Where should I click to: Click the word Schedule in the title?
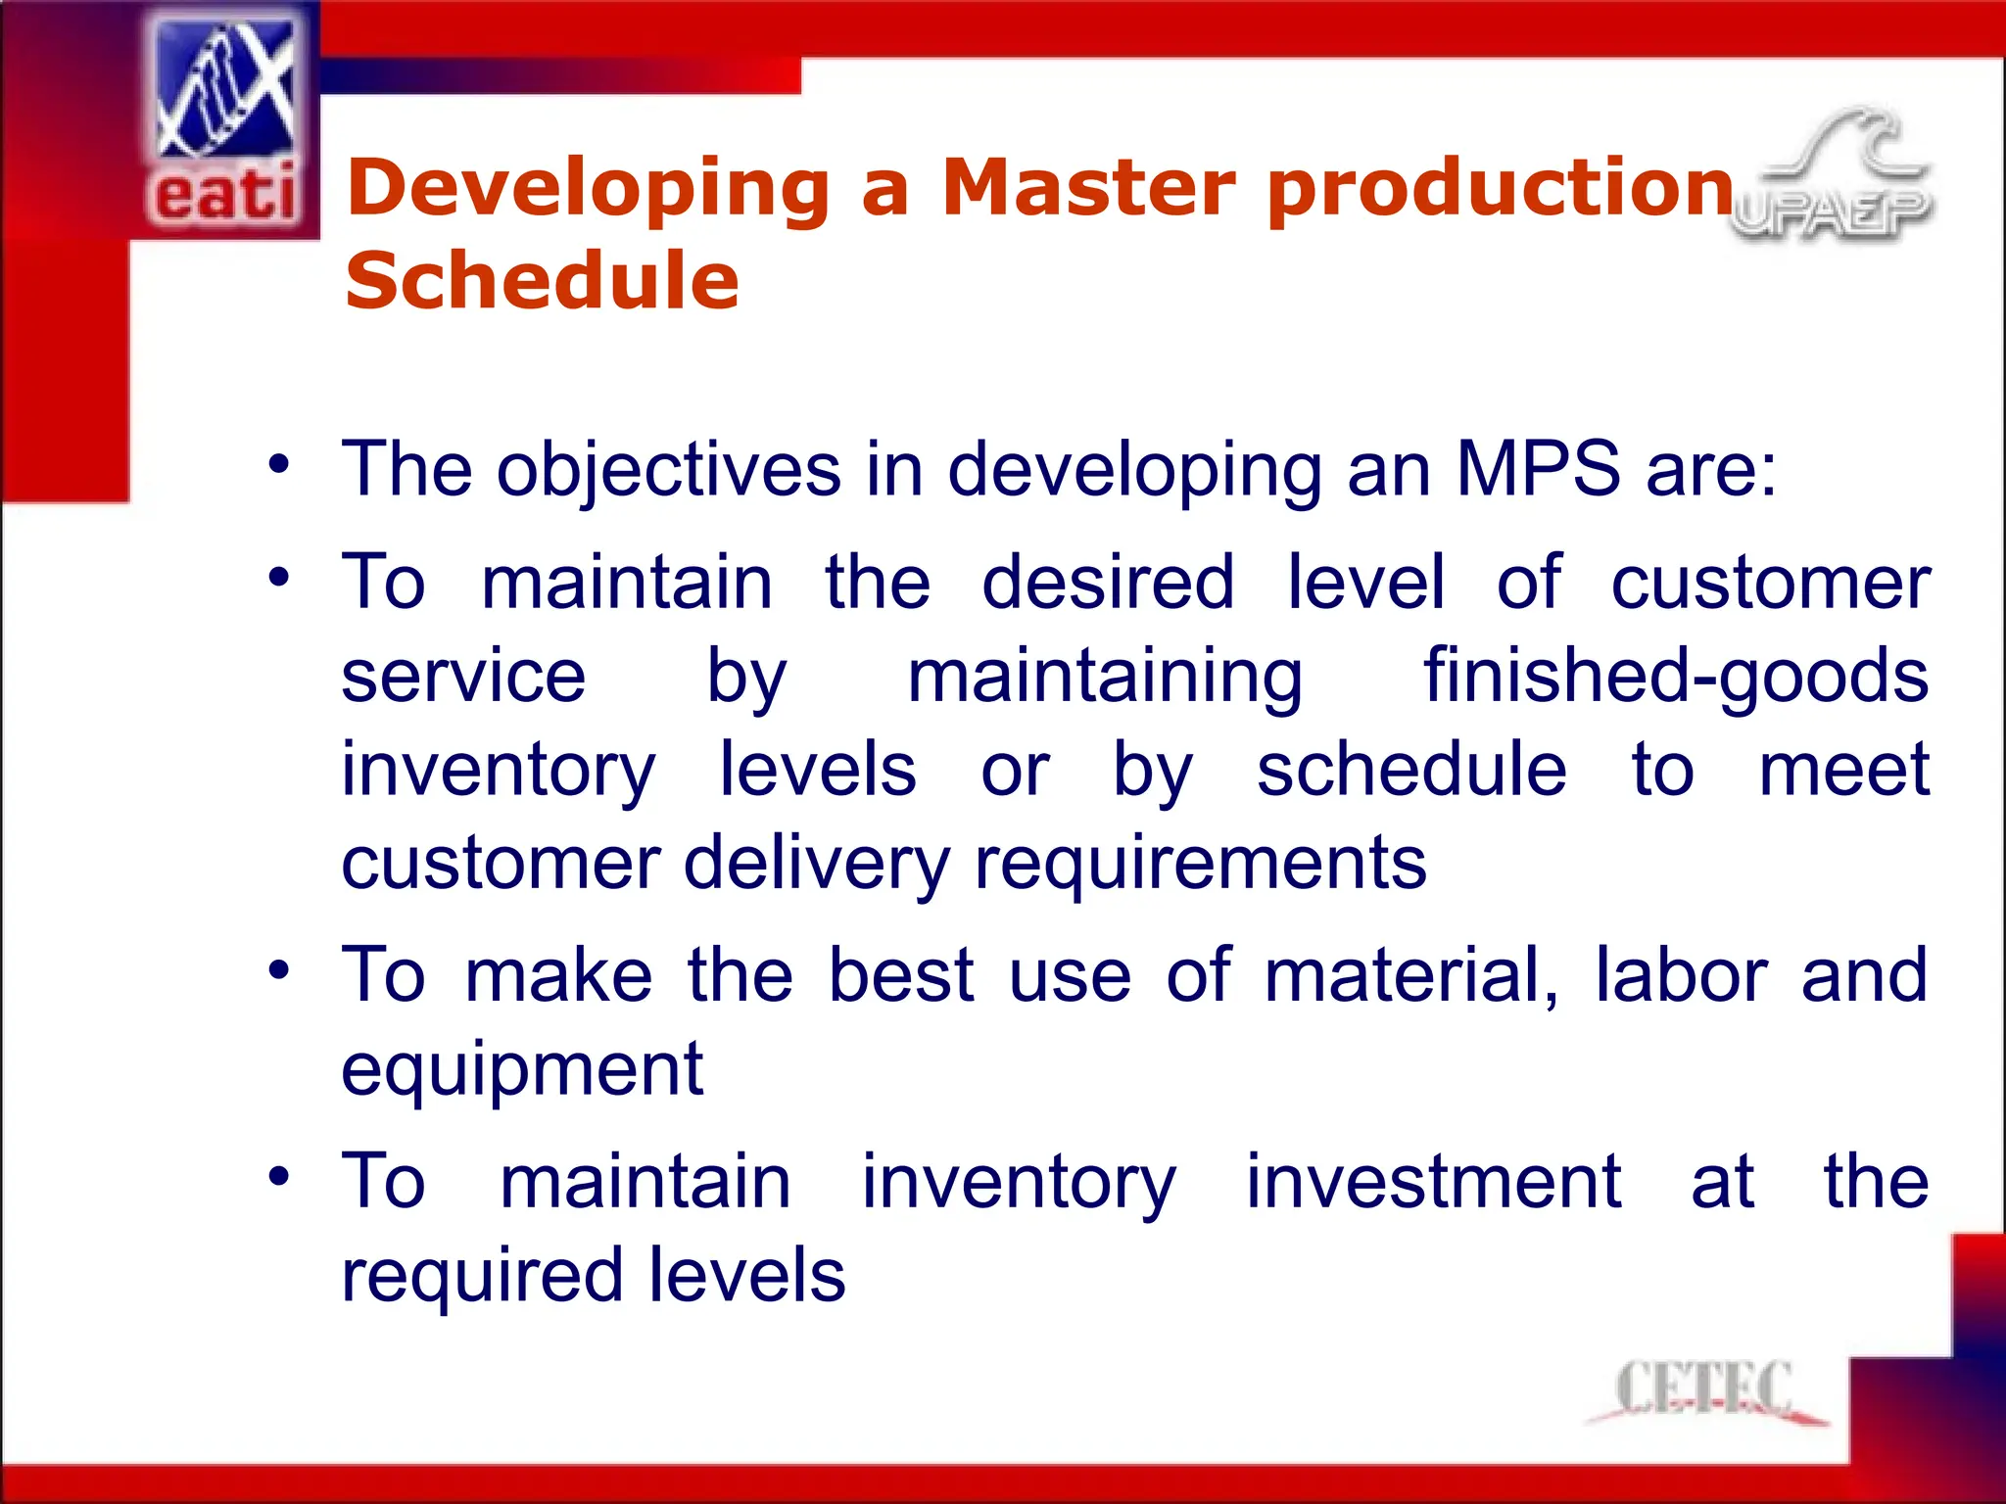tap(542, 281)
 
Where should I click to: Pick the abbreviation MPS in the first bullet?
tap(1537, 469)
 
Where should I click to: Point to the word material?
tap(1410, 975)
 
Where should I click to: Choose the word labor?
tap(1681, 975)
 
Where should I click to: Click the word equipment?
tap(522, 1071)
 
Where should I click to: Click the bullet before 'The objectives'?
tap(279, 465)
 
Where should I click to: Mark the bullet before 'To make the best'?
tap(279, 970)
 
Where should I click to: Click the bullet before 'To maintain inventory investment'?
tap(279, 1176)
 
